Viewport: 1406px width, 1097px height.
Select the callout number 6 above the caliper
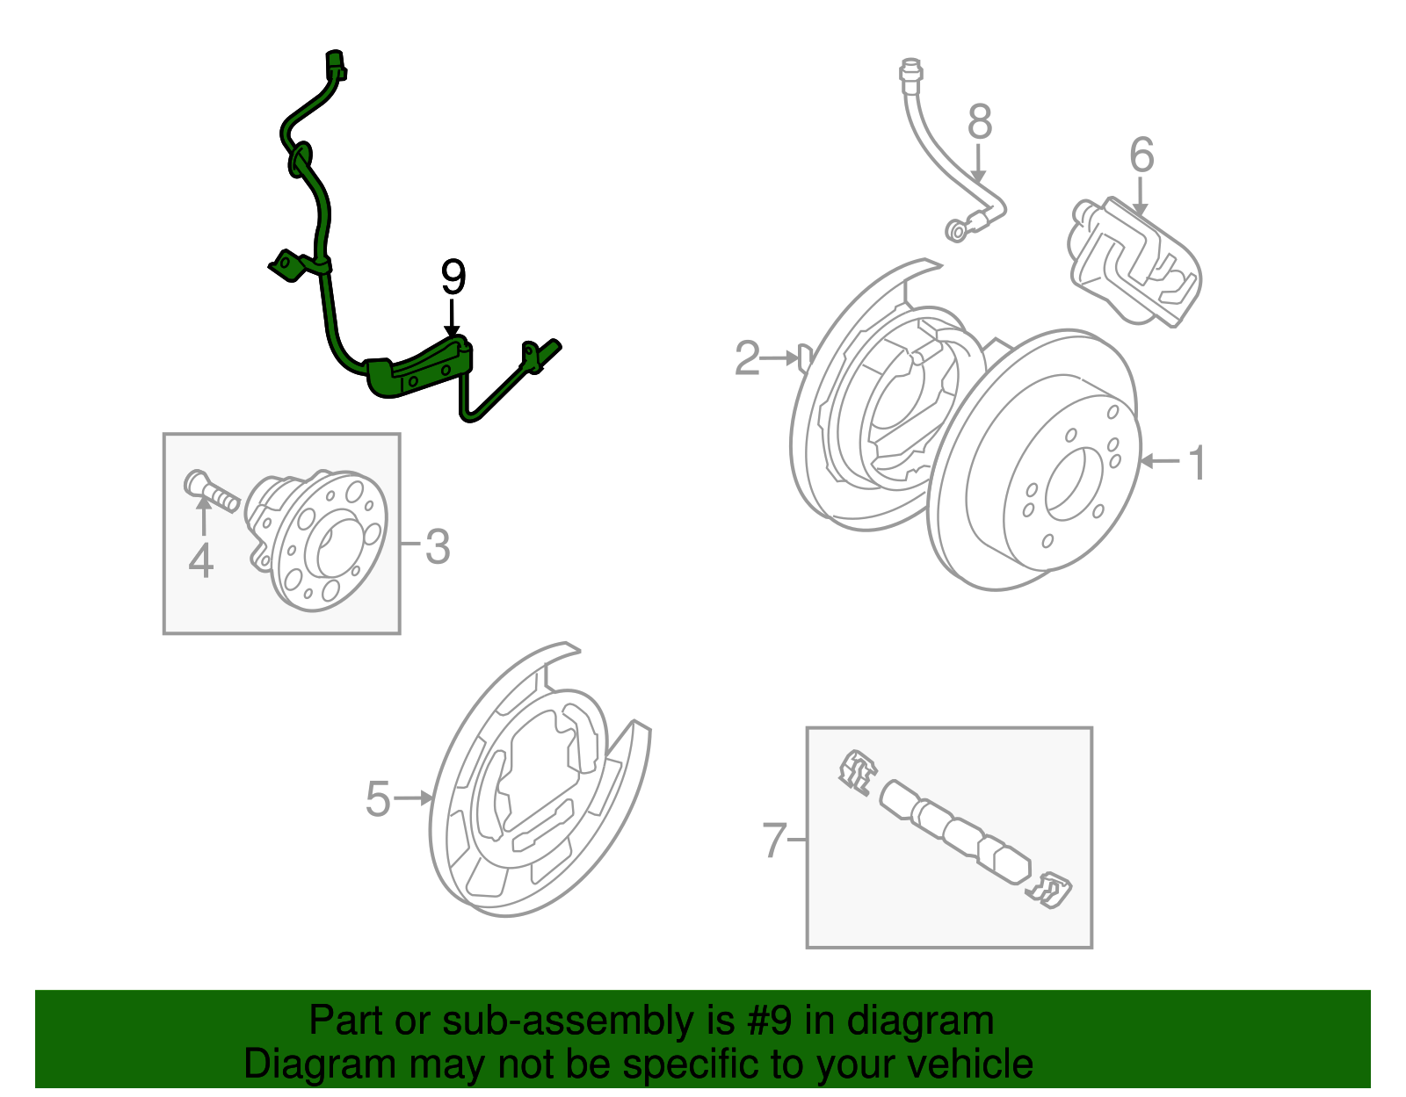[1141, 155]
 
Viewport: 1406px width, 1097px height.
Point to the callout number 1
[1197, 462]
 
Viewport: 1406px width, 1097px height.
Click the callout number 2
[747, 358]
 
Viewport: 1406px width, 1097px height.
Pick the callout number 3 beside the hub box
[437, 547]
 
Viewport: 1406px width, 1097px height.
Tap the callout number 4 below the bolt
[201, 561]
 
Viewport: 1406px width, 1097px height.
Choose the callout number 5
[378, 798]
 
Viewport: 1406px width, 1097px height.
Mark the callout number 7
[773, 840]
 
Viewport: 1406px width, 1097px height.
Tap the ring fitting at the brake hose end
[956, 230]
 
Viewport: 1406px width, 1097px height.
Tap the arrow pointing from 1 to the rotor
[1159, 461]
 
